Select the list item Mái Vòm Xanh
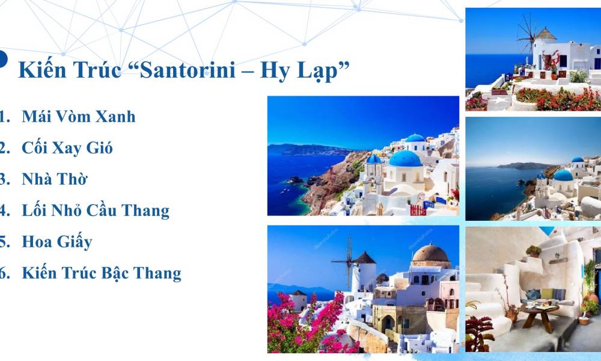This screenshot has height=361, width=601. [x=79, y=116]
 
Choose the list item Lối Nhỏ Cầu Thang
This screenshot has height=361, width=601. [x=96, y=211]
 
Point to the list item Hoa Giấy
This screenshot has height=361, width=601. [x=57, y=242]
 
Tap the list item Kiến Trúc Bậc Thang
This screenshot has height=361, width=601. [x=102, y=273]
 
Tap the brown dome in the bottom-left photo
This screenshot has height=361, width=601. [x=431, y=253]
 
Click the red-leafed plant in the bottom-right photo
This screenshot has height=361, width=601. [x=479, y=329]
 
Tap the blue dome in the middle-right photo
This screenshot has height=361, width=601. [x=563, y=175]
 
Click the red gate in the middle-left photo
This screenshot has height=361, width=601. [x=418, y=210]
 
